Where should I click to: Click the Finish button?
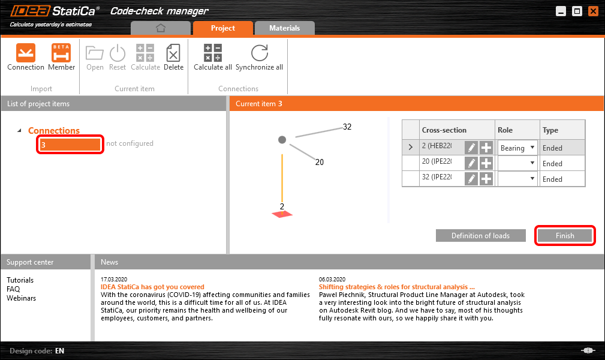pos(565,236)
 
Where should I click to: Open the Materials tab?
pos(284,28)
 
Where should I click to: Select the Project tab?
pos(222,28)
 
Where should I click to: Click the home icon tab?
pos(160,28)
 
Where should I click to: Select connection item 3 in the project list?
pos(70,145)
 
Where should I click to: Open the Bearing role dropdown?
pos(517,148)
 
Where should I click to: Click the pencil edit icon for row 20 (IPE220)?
pos(471,163)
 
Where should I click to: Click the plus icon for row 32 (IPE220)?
pos(486,179)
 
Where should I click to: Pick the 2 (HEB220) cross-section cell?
pos(441,148)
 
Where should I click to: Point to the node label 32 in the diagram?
pos(347,127)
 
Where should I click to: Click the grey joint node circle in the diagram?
pos(282,140)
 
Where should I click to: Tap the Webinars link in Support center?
pos(21,298)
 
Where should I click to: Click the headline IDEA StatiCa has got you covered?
pos(152,287)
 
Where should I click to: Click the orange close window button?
pos(593,11)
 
